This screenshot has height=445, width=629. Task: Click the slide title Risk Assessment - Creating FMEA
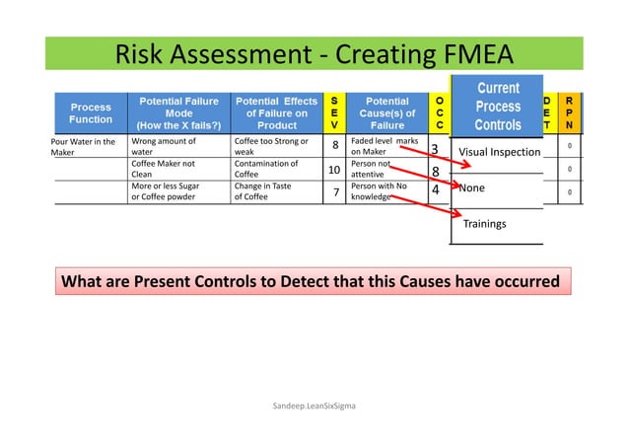pyautogui.click(x=314, y=52)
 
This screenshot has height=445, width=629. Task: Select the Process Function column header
pyautogui.click(x=90, y=112)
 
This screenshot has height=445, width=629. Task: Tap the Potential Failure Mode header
pyautogui.click(x=179, y=112)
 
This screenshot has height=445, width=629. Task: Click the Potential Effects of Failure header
pyautogui.click(x=276, y=112)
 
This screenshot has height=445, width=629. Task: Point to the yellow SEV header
pyautogui.click(x=335, y=112)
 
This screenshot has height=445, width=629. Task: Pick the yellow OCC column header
pyautogui.click(x=439, y=112)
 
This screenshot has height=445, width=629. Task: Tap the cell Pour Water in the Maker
pyautogui.click(x=83, y=147)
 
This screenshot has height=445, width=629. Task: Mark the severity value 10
pyautogui.click(x=334, y=170)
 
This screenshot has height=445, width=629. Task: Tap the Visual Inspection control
pyautogui.click(x=501, y=152)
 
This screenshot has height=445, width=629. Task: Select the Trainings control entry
pyautogui.click(x=485, y=224)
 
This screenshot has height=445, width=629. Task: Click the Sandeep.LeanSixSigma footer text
pyautogui.click(x=314, y=406)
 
